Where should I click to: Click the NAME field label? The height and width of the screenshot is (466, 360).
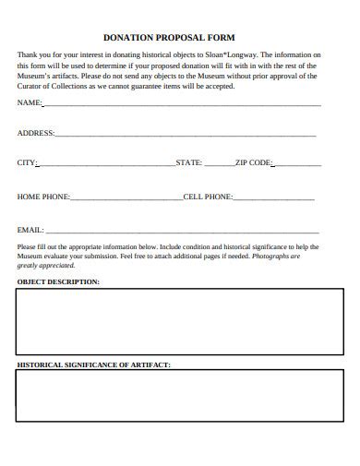(x=30, y=102)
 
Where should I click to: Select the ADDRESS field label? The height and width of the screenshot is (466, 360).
(x=36, y=133)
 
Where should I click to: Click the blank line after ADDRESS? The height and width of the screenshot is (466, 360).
(x=185, y=136)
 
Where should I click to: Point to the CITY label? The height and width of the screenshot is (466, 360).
(x=27, y=162)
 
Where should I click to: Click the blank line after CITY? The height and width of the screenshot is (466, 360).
(x=106, y=165)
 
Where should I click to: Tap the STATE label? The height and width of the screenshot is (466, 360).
(x=188, y=162)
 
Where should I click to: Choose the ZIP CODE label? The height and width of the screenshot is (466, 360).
(x=253, y=162)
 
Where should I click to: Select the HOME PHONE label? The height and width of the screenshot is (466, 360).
(x=43, y=197)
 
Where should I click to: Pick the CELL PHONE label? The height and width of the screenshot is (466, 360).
(x=208, y=197)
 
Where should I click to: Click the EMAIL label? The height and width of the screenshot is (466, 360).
(x=30, y=229)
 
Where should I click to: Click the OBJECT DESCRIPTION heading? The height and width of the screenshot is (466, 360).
(x=58, y=281)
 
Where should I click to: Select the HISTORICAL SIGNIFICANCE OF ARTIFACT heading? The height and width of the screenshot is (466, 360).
(x=93, y=364)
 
